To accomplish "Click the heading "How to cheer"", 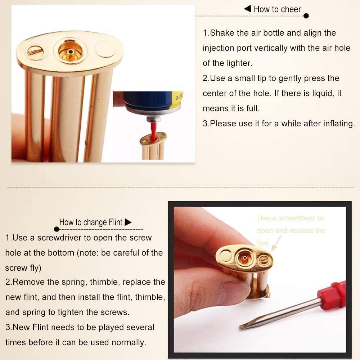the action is [277, 9].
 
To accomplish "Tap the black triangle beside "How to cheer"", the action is [248, 9].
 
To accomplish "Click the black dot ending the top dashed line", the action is [306, 16].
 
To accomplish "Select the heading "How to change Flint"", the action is [91, 222].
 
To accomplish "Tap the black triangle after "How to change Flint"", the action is [128, 222].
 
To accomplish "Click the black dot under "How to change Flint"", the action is [57, 229].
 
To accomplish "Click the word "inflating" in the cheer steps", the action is [339, 124].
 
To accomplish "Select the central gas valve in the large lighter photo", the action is [70, 51].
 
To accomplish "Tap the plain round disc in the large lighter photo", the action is [105, 49].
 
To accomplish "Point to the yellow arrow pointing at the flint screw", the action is [276, 243].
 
